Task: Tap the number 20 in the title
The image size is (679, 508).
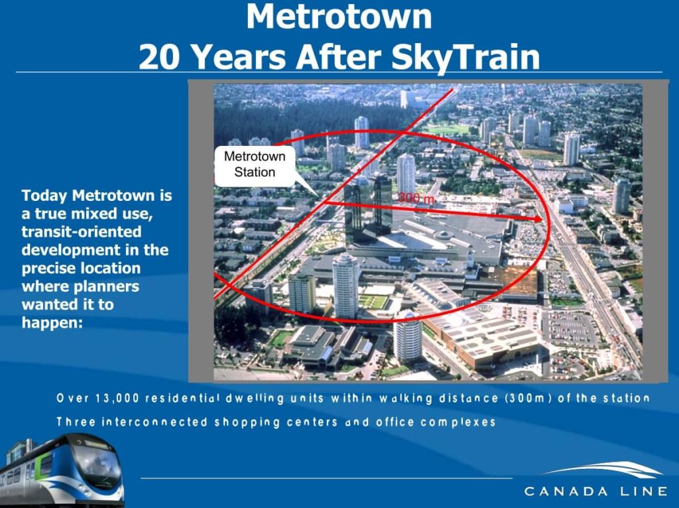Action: click(x=160, y=56)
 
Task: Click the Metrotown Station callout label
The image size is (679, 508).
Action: click(x=254, y=164)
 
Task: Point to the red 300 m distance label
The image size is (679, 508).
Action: click(x=416, y=198)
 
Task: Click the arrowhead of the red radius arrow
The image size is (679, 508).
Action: click(x=538, y=218)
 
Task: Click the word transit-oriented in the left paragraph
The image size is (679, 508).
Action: click(x=82, y=232)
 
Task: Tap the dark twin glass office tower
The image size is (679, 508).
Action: click(x=368, y=206)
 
